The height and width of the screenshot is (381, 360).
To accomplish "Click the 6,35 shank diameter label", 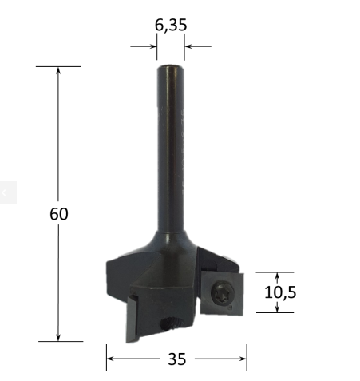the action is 171,26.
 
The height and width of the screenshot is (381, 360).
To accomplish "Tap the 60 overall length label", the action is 59,214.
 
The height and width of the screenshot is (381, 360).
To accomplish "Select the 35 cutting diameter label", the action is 177,359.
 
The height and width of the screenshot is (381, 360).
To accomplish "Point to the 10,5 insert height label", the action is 280,292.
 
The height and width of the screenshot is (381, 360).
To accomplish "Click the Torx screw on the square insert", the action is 223,293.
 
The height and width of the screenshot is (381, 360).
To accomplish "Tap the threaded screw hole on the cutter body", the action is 172,323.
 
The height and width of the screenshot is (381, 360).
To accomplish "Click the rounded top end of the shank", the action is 170,69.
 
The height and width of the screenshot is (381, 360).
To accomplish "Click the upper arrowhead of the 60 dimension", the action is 58,70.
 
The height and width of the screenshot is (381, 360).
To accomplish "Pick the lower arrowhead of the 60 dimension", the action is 58,337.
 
